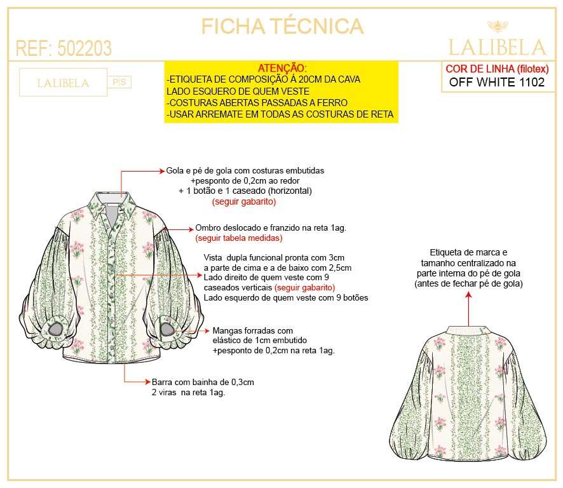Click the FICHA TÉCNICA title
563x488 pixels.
282,26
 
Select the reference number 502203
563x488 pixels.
85,48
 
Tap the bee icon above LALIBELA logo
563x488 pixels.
498,26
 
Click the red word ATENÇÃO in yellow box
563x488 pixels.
282,68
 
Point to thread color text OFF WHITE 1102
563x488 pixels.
497,82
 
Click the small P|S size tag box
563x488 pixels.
119,82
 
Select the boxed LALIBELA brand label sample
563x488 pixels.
63,83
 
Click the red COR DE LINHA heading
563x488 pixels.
497,69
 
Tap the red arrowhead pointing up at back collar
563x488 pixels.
468,295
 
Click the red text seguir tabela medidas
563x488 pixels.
239,238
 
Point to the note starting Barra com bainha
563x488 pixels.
203,387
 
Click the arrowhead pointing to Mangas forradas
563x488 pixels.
207,330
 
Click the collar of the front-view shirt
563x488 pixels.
113,204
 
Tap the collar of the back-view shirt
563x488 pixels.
468,330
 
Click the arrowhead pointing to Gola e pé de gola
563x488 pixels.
162,172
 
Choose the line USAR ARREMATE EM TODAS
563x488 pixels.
280,114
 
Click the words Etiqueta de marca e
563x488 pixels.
468,252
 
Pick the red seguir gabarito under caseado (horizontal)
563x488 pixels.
244,201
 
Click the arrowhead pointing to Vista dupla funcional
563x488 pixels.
200,275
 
